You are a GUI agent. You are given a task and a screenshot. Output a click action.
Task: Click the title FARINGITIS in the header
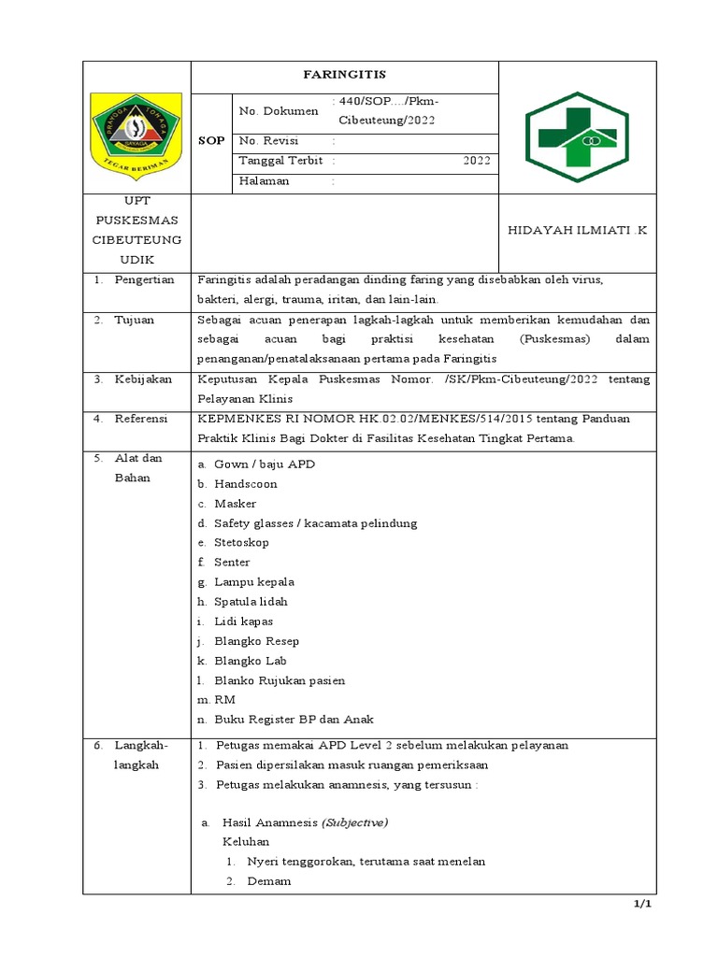tap(345, 74)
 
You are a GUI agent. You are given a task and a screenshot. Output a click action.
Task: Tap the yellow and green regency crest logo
tap(136, 131)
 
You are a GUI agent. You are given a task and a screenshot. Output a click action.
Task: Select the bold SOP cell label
tap(211, 140)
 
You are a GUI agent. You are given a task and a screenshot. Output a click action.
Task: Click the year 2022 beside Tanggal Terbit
tap(476, 161)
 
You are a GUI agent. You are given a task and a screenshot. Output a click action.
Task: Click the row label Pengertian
tap(144, 280)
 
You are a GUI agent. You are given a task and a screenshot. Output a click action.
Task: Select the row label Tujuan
tap(134, 320)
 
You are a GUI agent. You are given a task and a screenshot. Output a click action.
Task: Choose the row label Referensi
tap(140, 419)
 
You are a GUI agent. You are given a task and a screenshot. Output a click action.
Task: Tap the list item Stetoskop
tap(241, 543)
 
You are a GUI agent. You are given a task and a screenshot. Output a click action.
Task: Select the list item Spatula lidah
tap(251, 602)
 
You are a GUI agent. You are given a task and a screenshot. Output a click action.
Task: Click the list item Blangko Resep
tap(256, 641)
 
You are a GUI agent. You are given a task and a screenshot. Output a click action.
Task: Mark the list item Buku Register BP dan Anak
tap(294, 720)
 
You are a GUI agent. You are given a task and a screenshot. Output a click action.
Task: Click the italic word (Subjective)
tap(354, 822)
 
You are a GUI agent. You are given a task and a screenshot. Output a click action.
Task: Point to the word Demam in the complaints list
tap(269, 881)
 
